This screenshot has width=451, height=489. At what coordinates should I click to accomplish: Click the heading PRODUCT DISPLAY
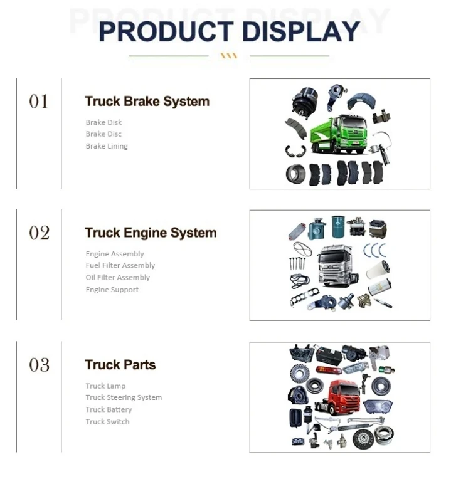pos(230,31)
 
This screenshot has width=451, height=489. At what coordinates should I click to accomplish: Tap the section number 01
pos(39,102)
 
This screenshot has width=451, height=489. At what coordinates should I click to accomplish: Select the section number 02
pos(39,233)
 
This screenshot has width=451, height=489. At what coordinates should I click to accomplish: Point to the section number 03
pos(39,365)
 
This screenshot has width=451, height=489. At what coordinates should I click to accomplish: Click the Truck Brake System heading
pos(147,102)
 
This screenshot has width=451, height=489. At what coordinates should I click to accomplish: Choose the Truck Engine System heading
pos(151,233)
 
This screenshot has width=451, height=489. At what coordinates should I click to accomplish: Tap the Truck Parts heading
pos(120,365)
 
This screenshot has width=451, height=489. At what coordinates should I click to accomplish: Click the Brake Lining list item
pos(107,146)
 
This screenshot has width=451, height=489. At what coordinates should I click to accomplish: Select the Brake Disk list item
pos(103,122)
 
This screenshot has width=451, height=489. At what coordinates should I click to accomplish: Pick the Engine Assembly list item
pos(115,254)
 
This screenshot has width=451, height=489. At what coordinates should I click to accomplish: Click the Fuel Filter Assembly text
pos(120,266)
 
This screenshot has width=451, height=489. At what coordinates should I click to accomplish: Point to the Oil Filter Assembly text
pos(118,278)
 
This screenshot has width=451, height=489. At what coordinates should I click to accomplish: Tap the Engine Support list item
pos(112,290)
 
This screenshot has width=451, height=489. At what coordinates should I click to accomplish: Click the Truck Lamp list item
pos(105,386)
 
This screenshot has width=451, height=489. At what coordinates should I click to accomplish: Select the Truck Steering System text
pos(124,397)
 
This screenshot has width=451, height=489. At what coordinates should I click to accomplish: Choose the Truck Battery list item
pos(109,409)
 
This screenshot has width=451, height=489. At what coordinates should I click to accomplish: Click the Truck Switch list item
pos(107,422)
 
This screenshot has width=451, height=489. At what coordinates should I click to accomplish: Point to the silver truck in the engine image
pos(339,265)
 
